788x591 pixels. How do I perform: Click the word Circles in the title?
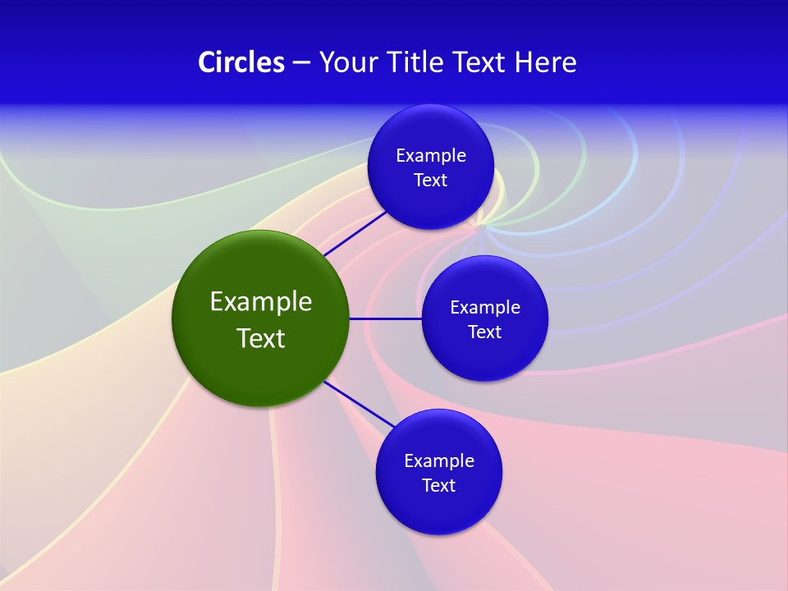pos(241,62)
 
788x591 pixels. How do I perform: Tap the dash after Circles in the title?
pos(301,62)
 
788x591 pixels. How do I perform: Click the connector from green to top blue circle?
pos(355,234)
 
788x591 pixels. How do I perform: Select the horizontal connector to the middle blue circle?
pos(386,318)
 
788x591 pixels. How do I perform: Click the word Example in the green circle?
pos(261,301)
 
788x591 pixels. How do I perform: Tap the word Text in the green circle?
pos(261,338)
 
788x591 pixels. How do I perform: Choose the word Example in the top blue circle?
pos(431,156)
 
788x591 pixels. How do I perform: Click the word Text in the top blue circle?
pos(430,181)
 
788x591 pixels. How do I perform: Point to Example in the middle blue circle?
pos(485,308)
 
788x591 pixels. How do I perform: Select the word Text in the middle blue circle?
pos(484,332)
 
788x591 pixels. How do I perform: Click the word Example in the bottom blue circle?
pos(439,461)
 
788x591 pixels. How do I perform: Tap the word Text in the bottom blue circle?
pos(438,486)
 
